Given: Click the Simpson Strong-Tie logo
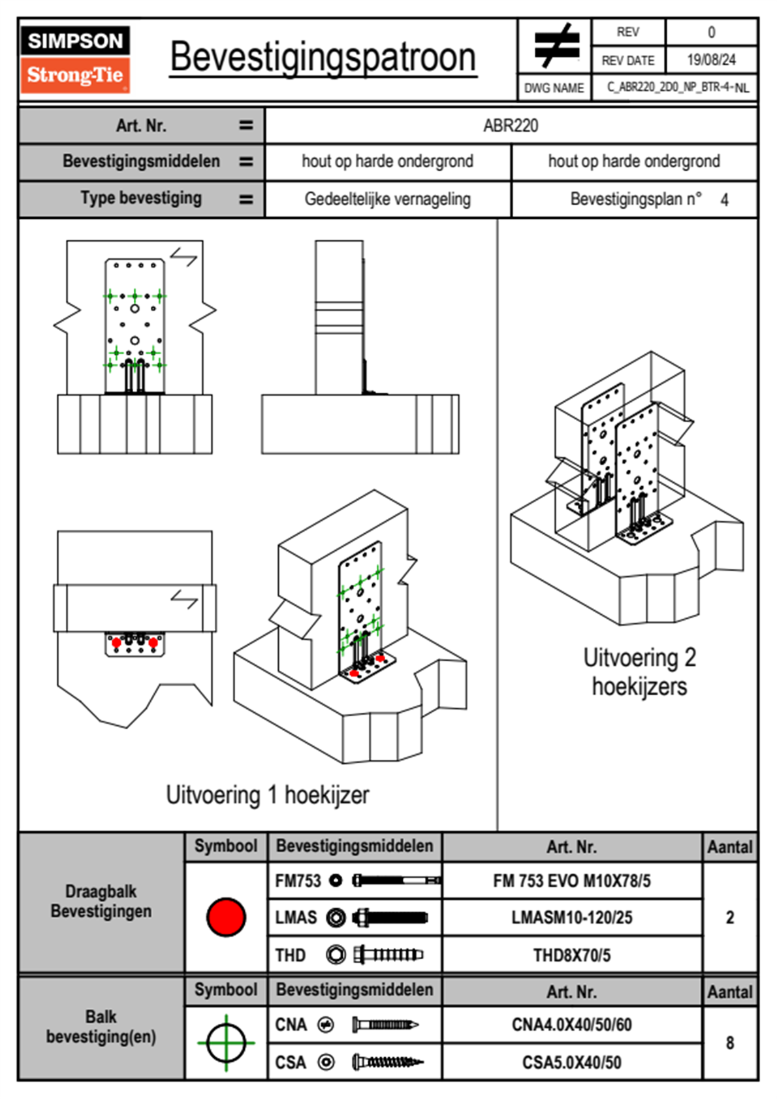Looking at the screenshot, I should coord(75,59).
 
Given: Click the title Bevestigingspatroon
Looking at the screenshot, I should coord(323,57).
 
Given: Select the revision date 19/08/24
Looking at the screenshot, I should coord(711,60).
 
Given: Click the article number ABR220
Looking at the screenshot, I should coord(511,125).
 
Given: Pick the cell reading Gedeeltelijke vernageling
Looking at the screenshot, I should coord(387,199).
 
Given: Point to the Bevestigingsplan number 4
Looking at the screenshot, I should coord(724,200).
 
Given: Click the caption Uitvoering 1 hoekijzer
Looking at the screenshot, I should coord(267,795).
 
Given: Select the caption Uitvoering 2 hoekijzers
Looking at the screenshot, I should coord(639,672).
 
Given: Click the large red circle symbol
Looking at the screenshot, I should coord(226,917).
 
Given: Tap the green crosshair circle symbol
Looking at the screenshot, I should coord(226,1043).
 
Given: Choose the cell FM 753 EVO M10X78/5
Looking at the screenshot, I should coord(571,881).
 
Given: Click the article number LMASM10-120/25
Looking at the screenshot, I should coord(571,917).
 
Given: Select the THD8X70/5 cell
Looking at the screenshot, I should coord(571,955).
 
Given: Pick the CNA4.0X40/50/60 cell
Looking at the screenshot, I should coord(571,1025).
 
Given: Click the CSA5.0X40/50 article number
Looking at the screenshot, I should coord(571,1062).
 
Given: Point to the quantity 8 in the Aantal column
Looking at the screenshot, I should coord(729,1043).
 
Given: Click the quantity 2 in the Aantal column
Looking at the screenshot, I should coord(729,917).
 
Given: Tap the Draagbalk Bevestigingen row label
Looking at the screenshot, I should coord(101,901).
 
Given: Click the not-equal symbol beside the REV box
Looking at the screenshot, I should coord(556,46).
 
